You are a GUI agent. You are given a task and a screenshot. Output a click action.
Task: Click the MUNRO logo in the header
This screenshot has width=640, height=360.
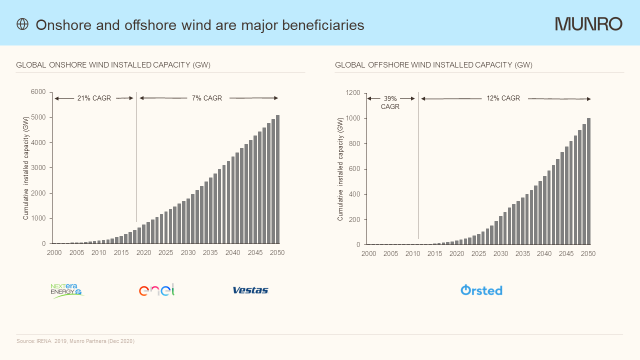click(x=588, y=24)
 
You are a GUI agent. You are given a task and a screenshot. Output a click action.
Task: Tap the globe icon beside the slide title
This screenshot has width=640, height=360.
click(x=22, y=24)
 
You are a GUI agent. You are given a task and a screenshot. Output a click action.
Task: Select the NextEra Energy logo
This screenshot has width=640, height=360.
click(x=66, y=290)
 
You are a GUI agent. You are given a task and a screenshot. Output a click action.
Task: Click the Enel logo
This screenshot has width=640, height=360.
click(x=156, y=290)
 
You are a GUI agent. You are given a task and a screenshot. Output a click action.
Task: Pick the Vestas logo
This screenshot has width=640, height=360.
click(x=250, y=290)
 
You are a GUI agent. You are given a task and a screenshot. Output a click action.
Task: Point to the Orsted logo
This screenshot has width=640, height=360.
click(x=481, y=290)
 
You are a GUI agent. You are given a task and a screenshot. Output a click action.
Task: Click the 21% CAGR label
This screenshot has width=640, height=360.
click(x=94, y=98)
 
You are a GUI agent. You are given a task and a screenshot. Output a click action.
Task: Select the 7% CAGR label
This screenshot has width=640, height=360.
click(x=207, y=98)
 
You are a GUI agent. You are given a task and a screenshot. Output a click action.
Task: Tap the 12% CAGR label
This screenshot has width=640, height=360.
click(x=503, y=98)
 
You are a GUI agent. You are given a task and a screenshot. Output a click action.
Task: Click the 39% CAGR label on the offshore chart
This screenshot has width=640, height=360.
click(x=390, y=102)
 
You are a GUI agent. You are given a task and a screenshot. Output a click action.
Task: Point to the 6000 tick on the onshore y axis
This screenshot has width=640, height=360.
click(x=38, y=92)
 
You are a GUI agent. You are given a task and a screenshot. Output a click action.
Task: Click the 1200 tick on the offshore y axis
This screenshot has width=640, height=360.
click(x=353, y=93)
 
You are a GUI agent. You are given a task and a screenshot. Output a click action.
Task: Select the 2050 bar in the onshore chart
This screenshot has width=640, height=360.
click(x=277, y=179)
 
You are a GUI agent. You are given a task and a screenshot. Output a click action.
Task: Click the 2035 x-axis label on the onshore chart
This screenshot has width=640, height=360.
click(x=210, y=253)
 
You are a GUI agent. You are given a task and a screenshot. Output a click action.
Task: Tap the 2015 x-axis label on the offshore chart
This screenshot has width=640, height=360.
click(x=434, y=254)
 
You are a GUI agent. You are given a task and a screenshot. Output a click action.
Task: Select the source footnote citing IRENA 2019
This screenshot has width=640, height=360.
click(x=75, y=341)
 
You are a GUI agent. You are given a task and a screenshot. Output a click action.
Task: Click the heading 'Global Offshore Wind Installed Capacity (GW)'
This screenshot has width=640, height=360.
click(x=433, y=65)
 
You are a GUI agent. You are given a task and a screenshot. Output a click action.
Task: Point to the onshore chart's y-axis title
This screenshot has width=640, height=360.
click(x=26, y=168)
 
